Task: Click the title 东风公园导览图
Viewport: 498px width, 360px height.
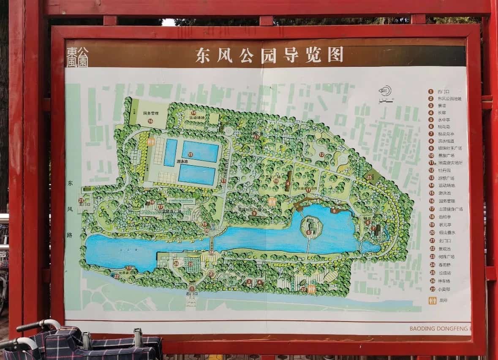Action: pos(269,55)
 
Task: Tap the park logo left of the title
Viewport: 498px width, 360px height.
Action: pos(77,57)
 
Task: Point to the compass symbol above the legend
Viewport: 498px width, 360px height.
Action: pos(385,91)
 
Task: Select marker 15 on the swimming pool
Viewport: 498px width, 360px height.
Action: pos(190,155)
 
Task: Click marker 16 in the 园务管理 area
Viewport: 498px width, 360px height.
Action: pos(150,121)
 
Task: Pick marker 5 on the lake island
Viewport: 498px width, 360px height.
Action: pos(309,232)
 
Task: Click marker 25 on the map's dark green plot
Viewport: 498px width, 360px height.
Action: pos(370,177)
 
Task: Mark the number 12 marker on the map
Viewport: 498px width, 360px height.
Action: pos(322,155)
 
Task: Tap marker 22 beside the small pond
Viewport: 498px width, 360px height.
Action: pos(117,276)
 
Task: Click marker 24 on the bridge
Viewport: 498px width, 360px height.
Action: pos(211,252)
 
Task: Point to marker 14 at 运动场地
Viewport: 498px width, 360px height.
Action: pos(193,113)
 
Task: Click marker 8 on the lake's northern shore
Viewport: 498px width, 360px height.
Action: pos(334,210)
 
